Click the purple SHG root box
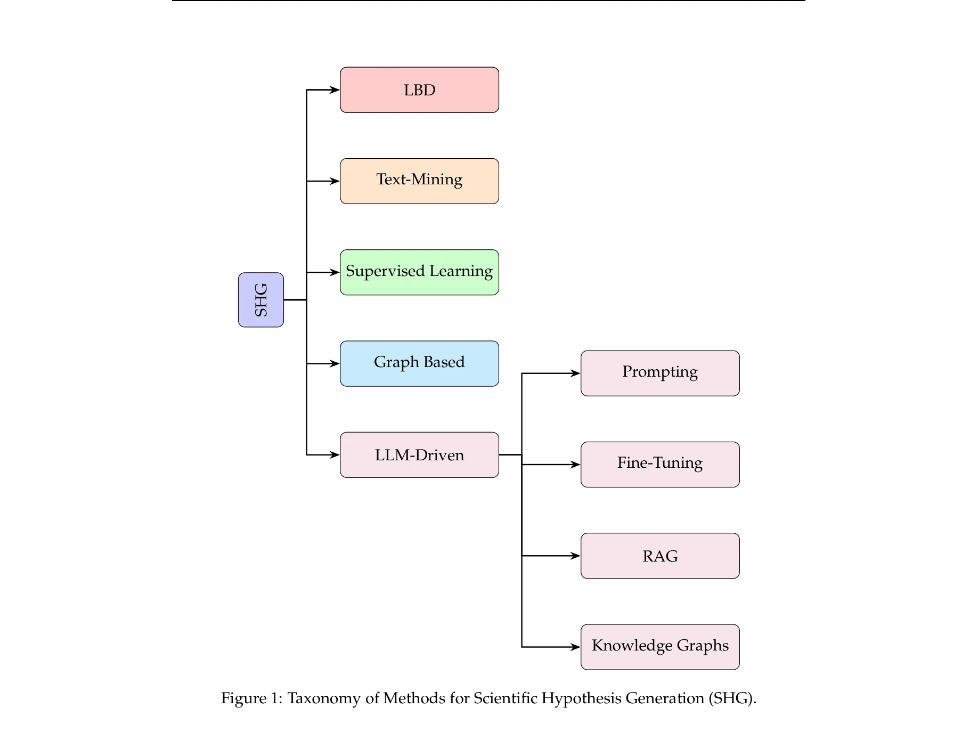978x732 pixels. pyautogui.click(x=260, y=300)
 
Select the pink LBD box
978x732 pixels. pyautogui.click(x=419, y=90)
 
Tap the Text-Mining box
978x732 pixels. pyautogui.click(x=419, y=181)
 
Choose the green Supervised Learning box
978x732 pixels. pyautogui.click(x=419, y=272)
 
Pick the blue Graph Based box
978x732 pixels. pyautogui.click(x=419, y=363)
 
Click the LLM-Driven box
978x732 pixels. pyautogui.click(x=419, y=455)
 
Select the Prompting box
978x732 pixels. pyautogui.click(x=660, y=373)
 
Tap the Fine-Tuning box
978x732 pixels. pyautogui.click(x=660, y=465)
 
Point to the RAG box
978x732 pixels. pyautogui.click(x=660, y=556)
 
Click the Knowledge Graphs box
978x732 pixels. pyautogui.click(x=660, y=647)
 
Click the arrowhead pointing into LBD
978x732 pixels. pyautogui.click(x=335, y=90)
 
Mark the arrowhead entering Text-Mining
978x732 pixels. pyautogui.click(x=335, y=181)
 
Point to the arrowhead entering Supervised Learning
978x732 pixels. pyautogui.click(x=335, y=272)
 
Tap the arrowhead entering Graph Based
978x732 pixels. pyautogui.click(x=335, y=363)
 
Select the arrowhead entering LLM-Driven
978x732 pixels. pyautogui.click(x=335, y=455)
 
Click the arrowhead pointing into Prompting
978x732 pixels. pyautogui.click(x=576, y=373)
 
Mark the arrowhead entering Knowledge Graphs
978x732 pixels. pyautogui.click(x=576, y=647)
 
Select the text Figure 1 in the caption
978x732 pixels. pyautogui.click(x=251, y=698)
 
